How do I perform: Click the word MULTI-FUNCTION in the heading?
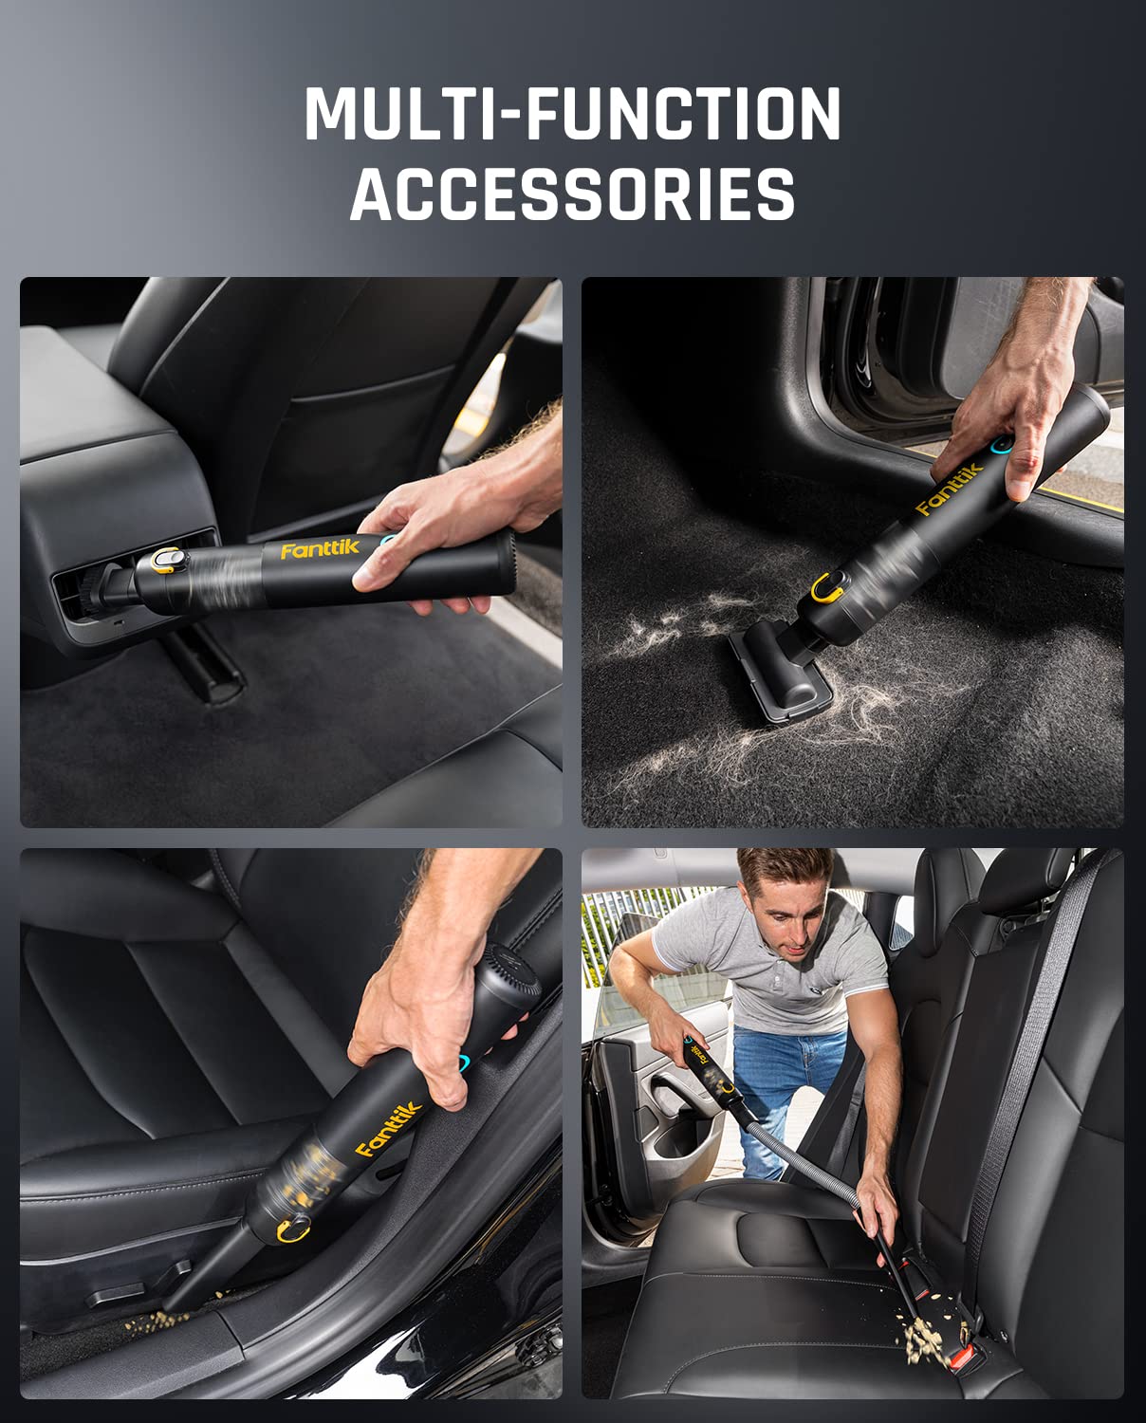tap(572, 114)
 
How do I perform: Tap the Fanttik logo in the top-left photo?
tap(306, 550)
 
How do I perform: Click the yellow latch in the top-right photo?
tap(825, 589)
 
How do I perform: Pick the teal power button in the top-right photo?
tap(999, 445)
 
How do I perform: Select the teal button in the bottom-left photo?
tap(465, 1062)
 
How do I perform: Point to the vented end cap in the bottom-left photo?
tap(500, 987)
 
